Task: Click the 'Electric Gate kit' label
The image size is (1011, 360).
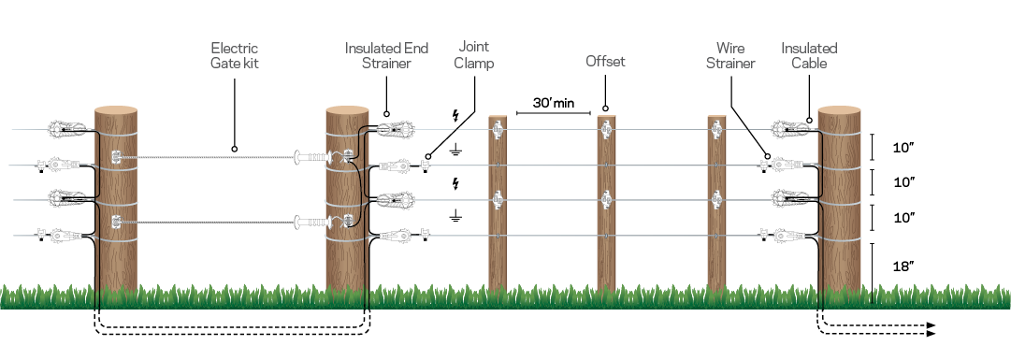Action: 234,55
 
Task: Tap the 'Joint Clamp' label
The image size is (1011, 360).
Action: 475,55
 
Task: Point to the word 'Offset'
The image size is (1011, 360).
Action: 605,62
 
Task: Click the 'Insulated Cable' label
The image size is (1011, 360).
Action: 809,55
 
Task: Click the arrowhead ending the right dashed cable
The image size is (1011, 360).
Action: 932,329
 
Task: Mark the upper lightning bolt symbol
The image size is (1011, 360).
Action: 455,117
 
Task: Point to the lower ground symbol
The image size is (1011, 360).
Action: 455,215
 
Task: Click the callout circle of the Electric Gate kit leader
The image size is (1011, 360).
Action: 234,148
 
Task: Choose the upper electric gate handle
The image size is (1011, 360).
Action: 312,157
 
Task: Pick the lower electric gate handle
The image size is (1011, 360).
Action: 312,223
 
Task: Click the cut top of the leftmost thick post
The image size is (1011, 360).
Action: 116,111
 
